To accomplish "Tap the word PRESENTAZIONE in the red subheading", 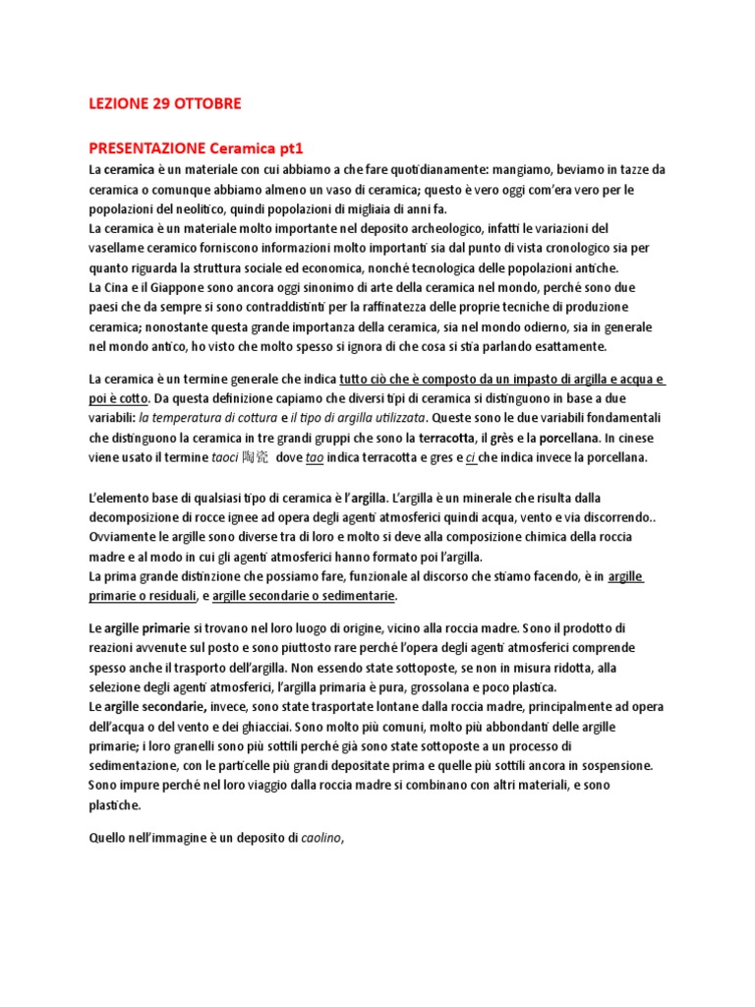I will pyautogui.click(x=147, y=148).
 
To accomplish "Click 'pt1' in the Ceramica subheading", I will pyautogui.click(x=290, y=148).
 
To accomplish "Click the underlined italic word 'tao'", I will pyautogui.click(x=315, y=457).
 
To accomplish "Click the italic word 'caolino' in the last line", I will pyautogui.click(x=321, y=838).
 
